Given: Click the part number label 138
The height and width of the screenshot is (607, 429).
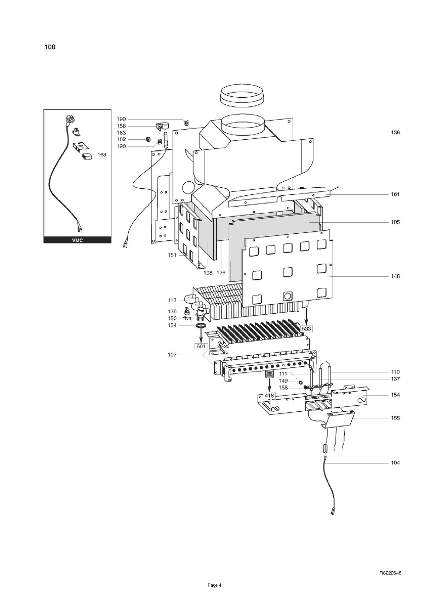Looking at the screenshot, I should pyautogui.click(x=395, y=132).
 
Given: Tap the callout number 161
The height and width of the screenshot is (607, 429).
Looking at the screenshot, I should pyautogui.click(x=395, y=194).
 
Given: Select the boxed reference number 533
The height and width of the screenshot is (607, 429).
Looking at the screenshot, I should pyautogui.click(x=306, y=329).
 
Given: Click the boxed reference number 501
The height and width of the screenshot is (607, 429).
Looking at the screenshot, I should pyautogui.click(x=201, y=346).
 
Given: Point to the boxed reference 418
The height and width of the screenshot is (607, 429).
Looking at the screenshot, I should pyautogui.click(x=269, y=396).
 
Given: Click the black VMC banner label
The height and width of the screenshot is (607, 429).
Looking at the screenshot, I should pyautogui.click(x=77, y=240).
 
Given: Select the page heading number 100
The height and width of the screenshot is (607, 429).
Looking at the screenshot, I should pyautogui.click(x=50, y=47).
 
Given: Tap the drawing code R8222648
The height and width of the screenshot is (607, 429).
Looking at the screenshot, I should pyautogui.click(x=390, y=573).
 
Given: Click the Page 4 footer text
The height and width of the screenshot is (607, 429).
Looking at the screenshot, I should pyautogui.click(x=214, y=585).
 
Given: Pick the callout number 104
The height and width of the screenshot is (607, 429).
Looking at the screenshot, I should pyautogui.click(x=395, y=463).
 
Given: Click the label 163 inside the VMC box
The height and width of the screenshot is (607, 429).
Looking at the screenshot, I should pyautogui.click(x=102, y=155).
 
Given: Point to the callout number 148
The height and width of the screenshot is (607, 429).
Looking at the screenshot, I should pyautogui.click(x=395, y=276).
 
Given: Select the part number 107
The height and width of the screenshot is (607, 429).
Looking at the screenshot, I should pyautogui.click(x=172, y=354).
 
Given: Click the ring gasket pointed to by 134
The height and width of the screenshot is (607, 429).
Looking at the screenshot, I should pyautogui.click(x=200, y=326).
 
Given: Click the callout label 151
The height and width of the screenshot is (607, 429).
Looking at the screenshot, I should pyautogui.click(x=172, y=255).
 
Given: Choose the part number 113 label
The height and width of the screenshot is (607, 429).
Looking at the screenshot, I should pyautogui.click(x=172, y=300).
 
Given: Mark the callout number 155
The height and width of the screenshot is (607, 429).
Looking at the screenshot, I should pyautogui.click(x=395, y=418).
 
